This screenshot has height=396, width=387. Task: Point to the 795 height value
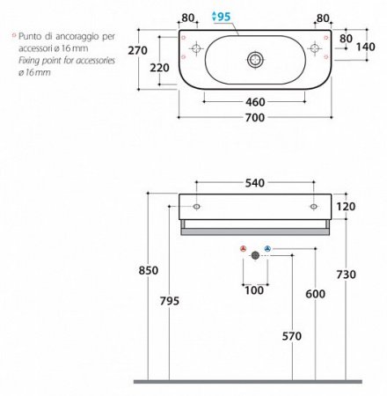click(170, 301)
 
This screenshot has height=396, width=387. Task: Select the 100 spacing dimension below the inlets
click(255, 290)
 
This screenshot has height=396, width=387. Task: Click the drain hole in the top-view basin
click(255, 59)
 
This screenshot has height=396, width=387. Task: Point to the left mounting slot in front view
click(196, 207)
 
